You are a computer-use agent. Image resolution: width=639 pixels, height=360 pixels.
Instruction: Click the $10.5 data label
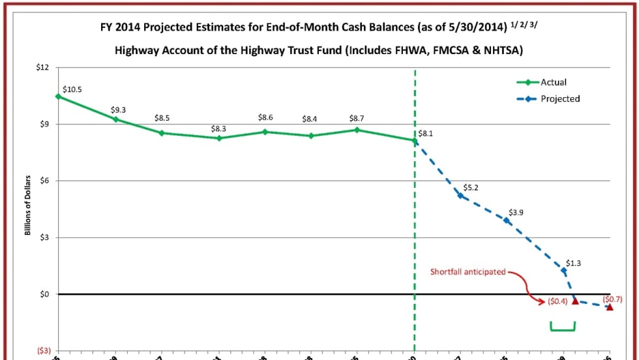point(72,89)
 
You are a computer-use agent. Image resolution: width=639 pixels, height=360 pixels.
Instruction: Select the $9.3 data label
point(118,110)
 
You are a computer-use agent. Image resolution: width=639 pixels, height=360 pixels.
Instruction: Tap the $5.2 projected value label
point(471,187)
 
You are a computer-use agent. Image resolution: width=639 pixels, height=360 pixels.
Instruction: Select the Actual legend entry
point(553,82)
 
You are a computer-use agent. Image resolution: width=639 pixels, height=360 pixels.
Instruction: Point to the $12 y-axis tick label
point(42,68)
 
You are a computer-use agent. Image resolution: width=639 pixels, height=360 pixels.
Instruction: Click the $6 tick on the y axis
point(44,181)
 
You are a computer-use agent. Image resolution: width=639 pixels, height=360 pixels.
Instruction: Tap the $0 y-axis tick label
point(44,294)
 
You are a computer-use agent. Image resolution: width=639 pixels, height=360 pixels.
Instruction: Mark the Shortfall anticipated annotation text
point(468,271)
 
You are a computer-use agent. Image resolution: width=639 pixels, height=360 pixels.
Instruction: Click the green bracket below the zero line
point(562,328)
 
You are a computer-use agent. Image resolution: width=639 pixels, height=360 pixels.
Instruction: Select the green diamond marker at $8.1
point(415,140)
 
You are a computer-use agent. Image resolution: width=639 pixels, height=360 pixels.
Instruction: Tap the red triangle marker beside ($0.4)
point(576,301)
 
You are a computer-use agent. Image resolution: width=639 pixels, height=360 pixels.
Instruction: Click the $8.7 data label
point(357,119)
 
